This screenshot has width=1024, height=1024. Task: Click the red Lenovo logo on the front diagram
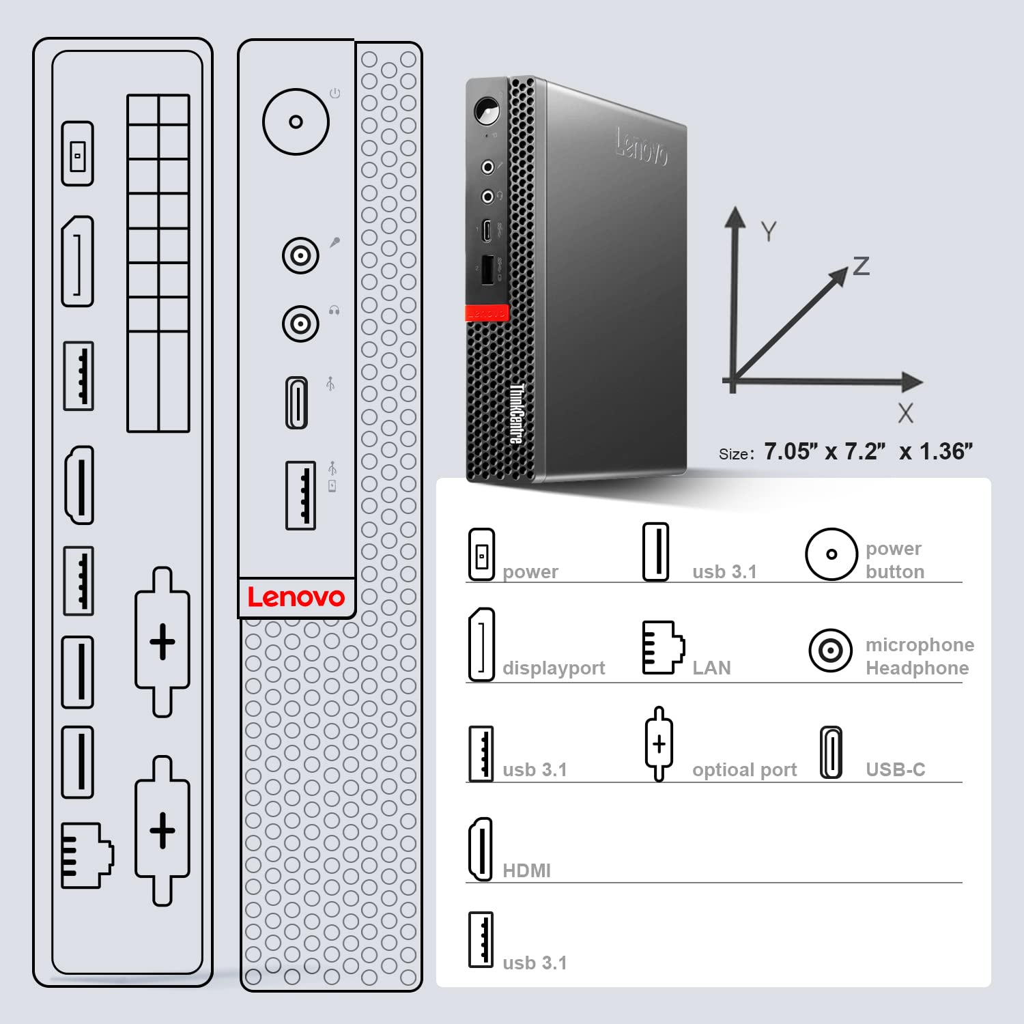pyautogui.click(x=296, y=597)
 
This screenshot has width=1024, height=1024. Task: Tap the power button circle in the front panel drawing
pyautogui.click(x=296, y=122)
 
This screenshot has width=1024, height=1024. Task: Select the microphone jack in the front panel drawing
pyautogui.click(x=300, y=255)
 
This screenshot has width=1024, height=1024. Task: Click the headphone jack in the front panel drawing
pyautogui.click(x=300, y=324)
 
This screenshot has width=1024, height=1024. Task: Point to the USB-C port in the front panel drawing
pyautogui.click(x=296, y=403)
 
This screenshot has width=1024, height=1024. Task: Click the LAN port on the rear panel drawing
pyautogui.click(x=86, y=855)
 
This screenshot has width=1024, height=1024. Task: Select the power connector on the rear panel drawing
pyautogui.click(x=78, y=154)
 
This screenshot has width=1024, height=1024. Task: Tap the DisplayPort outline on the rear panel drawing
pyautogui.click(x=78, y=261)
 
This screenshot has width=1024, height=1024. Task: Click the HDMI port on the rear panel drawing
pyautogui.click(x=79, y=485)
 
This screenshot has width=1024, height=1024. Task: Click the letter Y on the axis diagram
pyautogui.click(x=769, y=232)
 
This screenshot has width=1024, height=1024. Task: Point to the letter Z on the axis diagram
pyautogui.click(x=862, y=266)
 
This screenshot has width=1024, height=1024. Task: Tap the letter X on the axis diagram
pyautogui.click(x=905, y=413)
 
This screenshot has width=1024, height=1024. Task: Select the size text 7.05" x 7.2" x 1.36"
pyautogui.click(x=868, y=452)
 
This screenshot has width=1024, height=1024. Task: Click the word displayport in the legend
pyautogui.click(x=554, y=668)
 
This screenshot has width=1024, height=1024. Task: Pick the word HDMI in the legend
pyautogui.click(x=526, y=870)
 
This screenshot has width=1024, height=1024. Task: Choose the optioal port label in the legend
pyautogui.click(x=744, y=770)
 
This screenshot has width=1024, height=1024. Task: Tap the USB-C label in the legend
pyautogui.click(x=895, y=769)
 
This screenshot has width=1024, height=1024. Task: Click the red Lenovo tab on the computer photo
pyautogui.click(x=487, y=313)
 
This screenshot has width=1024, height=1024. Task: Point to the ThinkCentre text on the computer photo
pyautogui.click(x=517, y=414)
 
